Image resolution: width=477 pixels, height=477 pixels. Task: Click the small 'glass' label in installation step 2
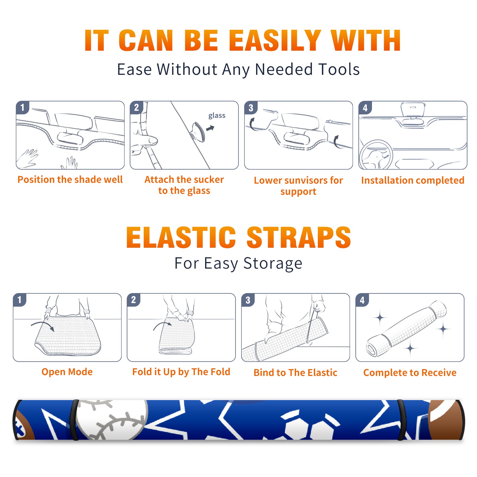coord(217,116)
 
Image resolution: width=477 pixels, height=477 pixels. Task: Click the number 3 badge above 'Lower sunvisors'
coord(251,108)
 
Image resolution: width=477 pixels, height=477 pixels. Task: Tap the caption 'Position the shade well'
coord(70,179)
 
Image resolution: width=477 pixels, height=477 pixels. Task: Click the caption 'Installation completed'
coord(413,180)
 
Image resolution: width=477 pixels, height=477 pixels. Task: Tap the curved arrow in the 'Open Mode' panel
coord(43,325)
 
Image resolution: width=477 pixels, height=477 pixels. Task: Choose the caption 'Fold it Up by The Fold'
coord(181,372)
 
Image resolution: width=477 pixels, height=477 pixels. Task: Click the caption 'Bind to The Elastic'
coord(295,373)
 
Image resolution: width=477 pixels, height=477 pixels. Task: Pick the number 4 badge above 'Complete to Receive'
coord(362,300)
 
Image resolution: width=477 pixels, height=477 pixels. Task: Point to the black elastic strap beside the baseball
coord(74,420)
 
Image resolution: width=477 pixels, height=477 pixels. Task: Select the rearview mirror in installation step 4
coord(413,109)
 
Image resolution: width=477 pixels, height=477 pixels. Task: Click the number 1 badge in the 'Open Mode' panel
coord(20,300)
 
